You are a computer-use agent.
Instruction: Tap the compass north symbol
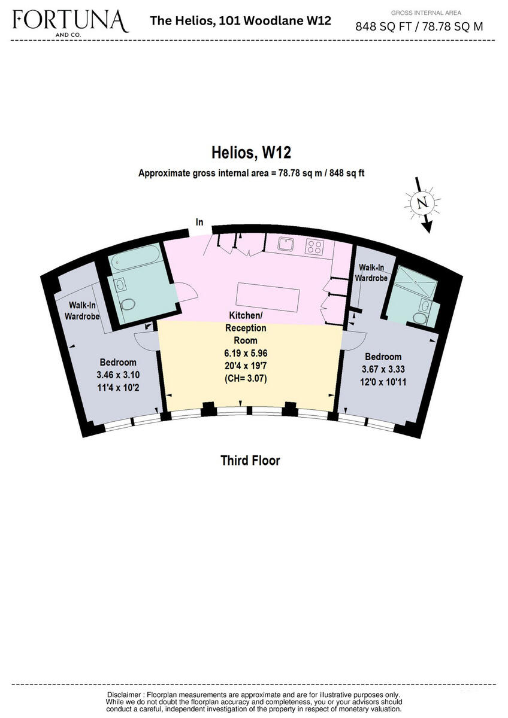424,203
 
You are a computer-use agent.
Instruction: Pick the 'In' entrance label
200,223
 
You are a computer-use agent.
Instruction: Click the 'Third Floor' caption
250,460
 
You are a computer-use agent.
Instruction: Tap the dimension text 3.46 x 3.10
118,375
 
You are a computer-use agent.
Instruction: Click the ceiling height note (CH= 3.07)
246,378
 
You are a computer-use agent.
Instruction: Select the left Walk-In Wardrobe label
83,310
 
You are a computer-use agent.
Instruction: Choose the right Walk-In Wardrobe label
372,272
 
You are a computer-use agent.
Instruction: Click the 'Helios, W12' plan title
252,153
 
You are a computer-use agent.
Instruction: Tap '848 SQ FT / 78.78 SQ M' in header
419,26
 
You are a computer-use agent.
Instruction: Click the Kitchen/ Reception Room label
246,328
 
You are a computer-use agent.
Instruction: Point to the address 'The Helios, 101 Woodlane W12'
240,21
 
